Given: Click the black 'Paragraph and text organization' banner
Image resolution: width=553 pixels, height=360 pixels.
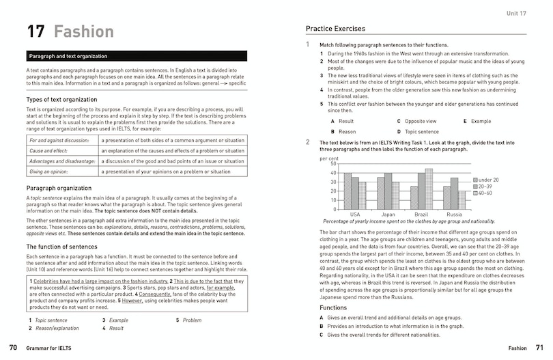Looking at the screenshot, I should pyautogui.click(x=137, y=56).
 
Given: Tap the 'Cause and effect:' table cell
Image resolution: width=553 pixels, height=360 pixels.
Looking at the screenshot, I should pyautogui.click(x=55, y=150).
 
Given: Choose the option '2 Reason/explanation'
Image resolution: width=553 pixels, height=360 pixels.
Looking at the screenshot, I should pyautogui.click(x=53, y=329).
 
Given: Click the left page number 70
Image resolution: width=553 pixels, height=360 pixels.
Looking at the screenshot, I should pyautogui.click(x=13, y=348).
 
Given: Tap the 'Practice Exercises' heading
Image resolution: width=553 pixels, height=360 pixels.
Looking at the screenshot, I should pyautogui.click(x=335, y=29).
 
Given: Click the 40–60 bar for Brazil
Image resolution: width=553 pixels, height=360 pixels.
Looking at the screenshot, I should pyautogui.click(x=429, y=189).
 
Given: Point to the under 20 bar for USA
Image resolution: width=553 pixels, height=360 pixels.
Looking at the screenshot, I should pyautogui.click(x=348, y=191).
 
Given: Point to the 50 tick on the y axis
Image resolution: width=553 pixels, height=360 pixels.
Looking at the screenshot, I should pyautogui.click(x=333, y=164).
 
